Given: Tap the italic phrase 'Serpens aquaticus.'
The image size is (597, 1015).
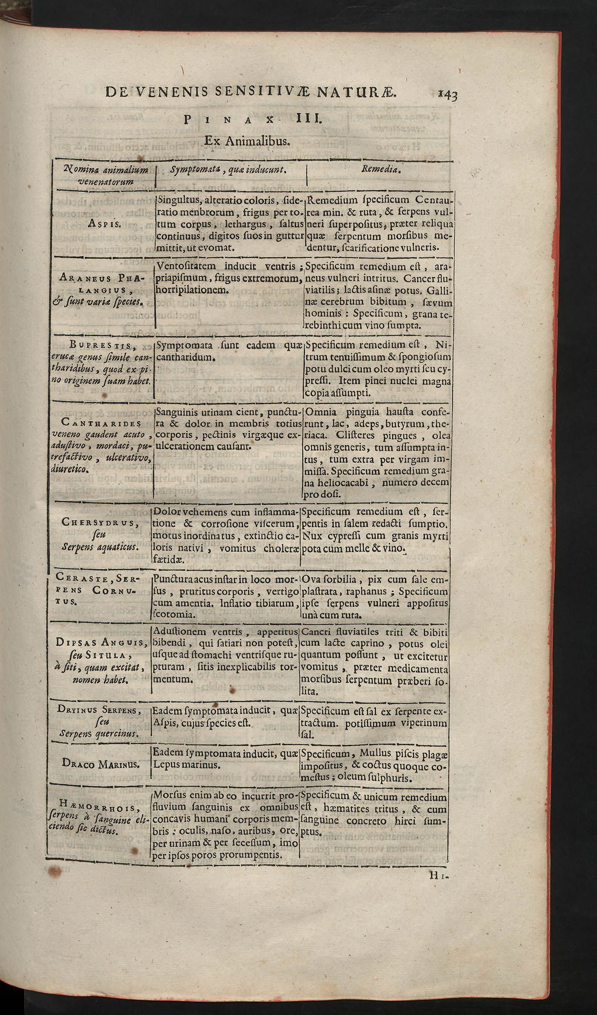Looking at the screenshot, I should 100,547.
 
